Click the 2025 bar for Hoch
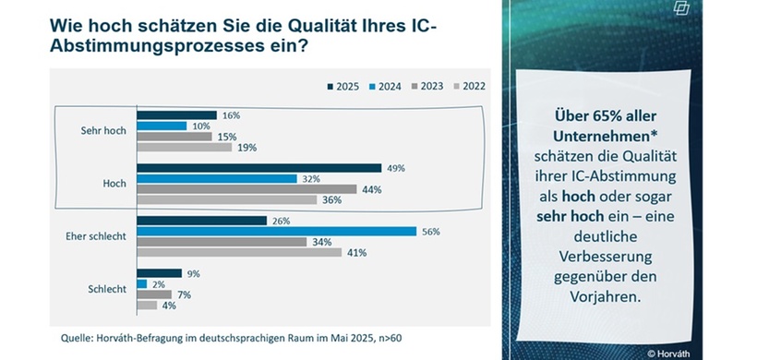[x=258, y=168]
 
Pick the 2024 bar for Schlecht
[x=141, y=283]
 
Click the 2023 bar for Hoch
[x=246, y=188]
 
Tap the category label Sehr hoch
[x=103, y=131]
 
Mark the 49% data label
[x=394, y=168]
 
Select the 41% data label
[x=355, y=252]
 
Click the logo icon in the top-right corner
[x=733, y=9]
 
